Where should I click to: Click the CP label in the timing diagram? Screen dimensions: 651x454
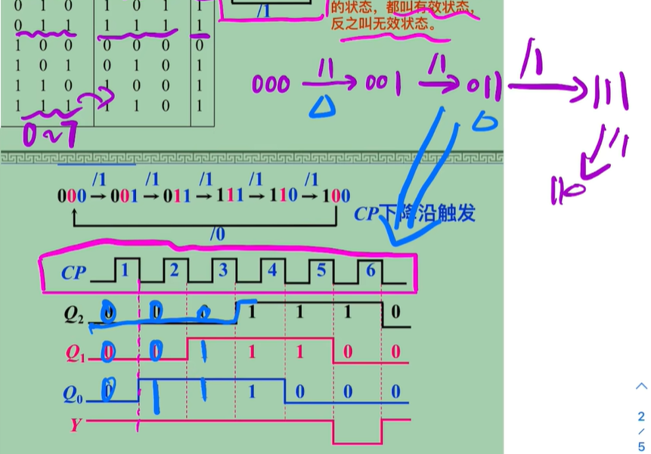(73, 273)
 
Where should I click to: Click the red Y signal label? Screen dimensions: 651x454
(75, 425)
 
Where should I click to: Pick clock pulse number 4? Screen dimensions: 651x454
(271, 268)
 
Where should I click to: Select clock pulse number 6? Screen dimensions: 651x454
(370, 268)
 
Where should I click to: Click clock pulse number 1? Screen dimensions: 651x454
(126, 268)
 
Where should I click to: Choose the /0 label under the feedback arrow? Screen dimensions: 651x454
(217, 235)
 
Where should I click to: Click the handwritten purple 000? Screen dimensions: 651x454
(271, 83)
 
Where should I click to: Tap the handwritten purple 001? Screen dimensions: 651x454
(383, 83)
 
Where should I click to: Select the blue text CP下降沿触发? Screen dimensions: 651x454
(414, 214)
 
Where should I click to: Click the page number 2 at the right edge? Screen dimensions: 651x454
(641, 416)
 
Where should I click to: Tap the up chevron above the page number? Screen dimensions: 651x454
(641, 386)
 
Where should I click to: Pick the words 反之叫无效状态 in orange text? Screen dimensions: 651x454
(384, 23)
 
